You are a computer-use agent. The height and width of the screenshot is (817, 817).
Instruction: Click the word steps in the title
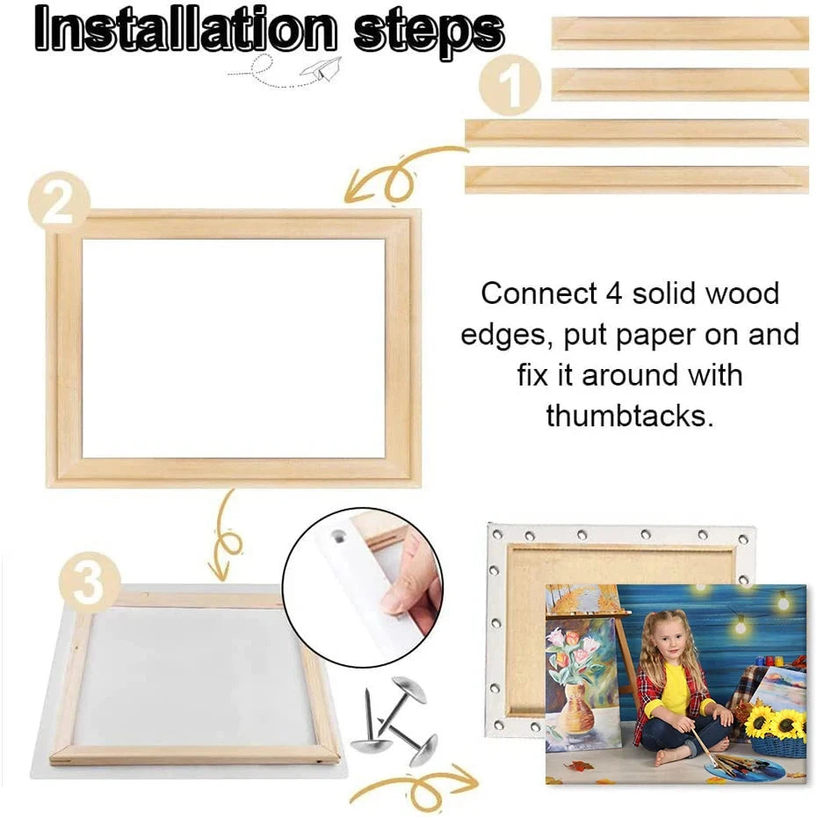pos(429,31)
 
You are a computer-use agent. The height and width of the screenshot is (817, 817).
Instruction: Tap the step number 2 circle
pos(58,205)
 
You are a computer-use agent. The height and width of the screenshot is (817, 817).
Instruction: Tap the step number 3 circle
pos(89,582)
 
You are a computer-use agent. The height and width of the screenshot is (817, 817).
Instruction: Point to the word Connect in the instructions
pos(537,293)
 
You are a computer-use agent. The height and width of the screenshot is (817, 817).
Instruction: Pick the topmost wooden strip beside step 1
pos(680,33)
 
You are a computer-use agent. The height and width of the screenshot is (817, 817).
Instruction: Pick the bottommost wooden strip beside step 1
pos(636,178)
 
